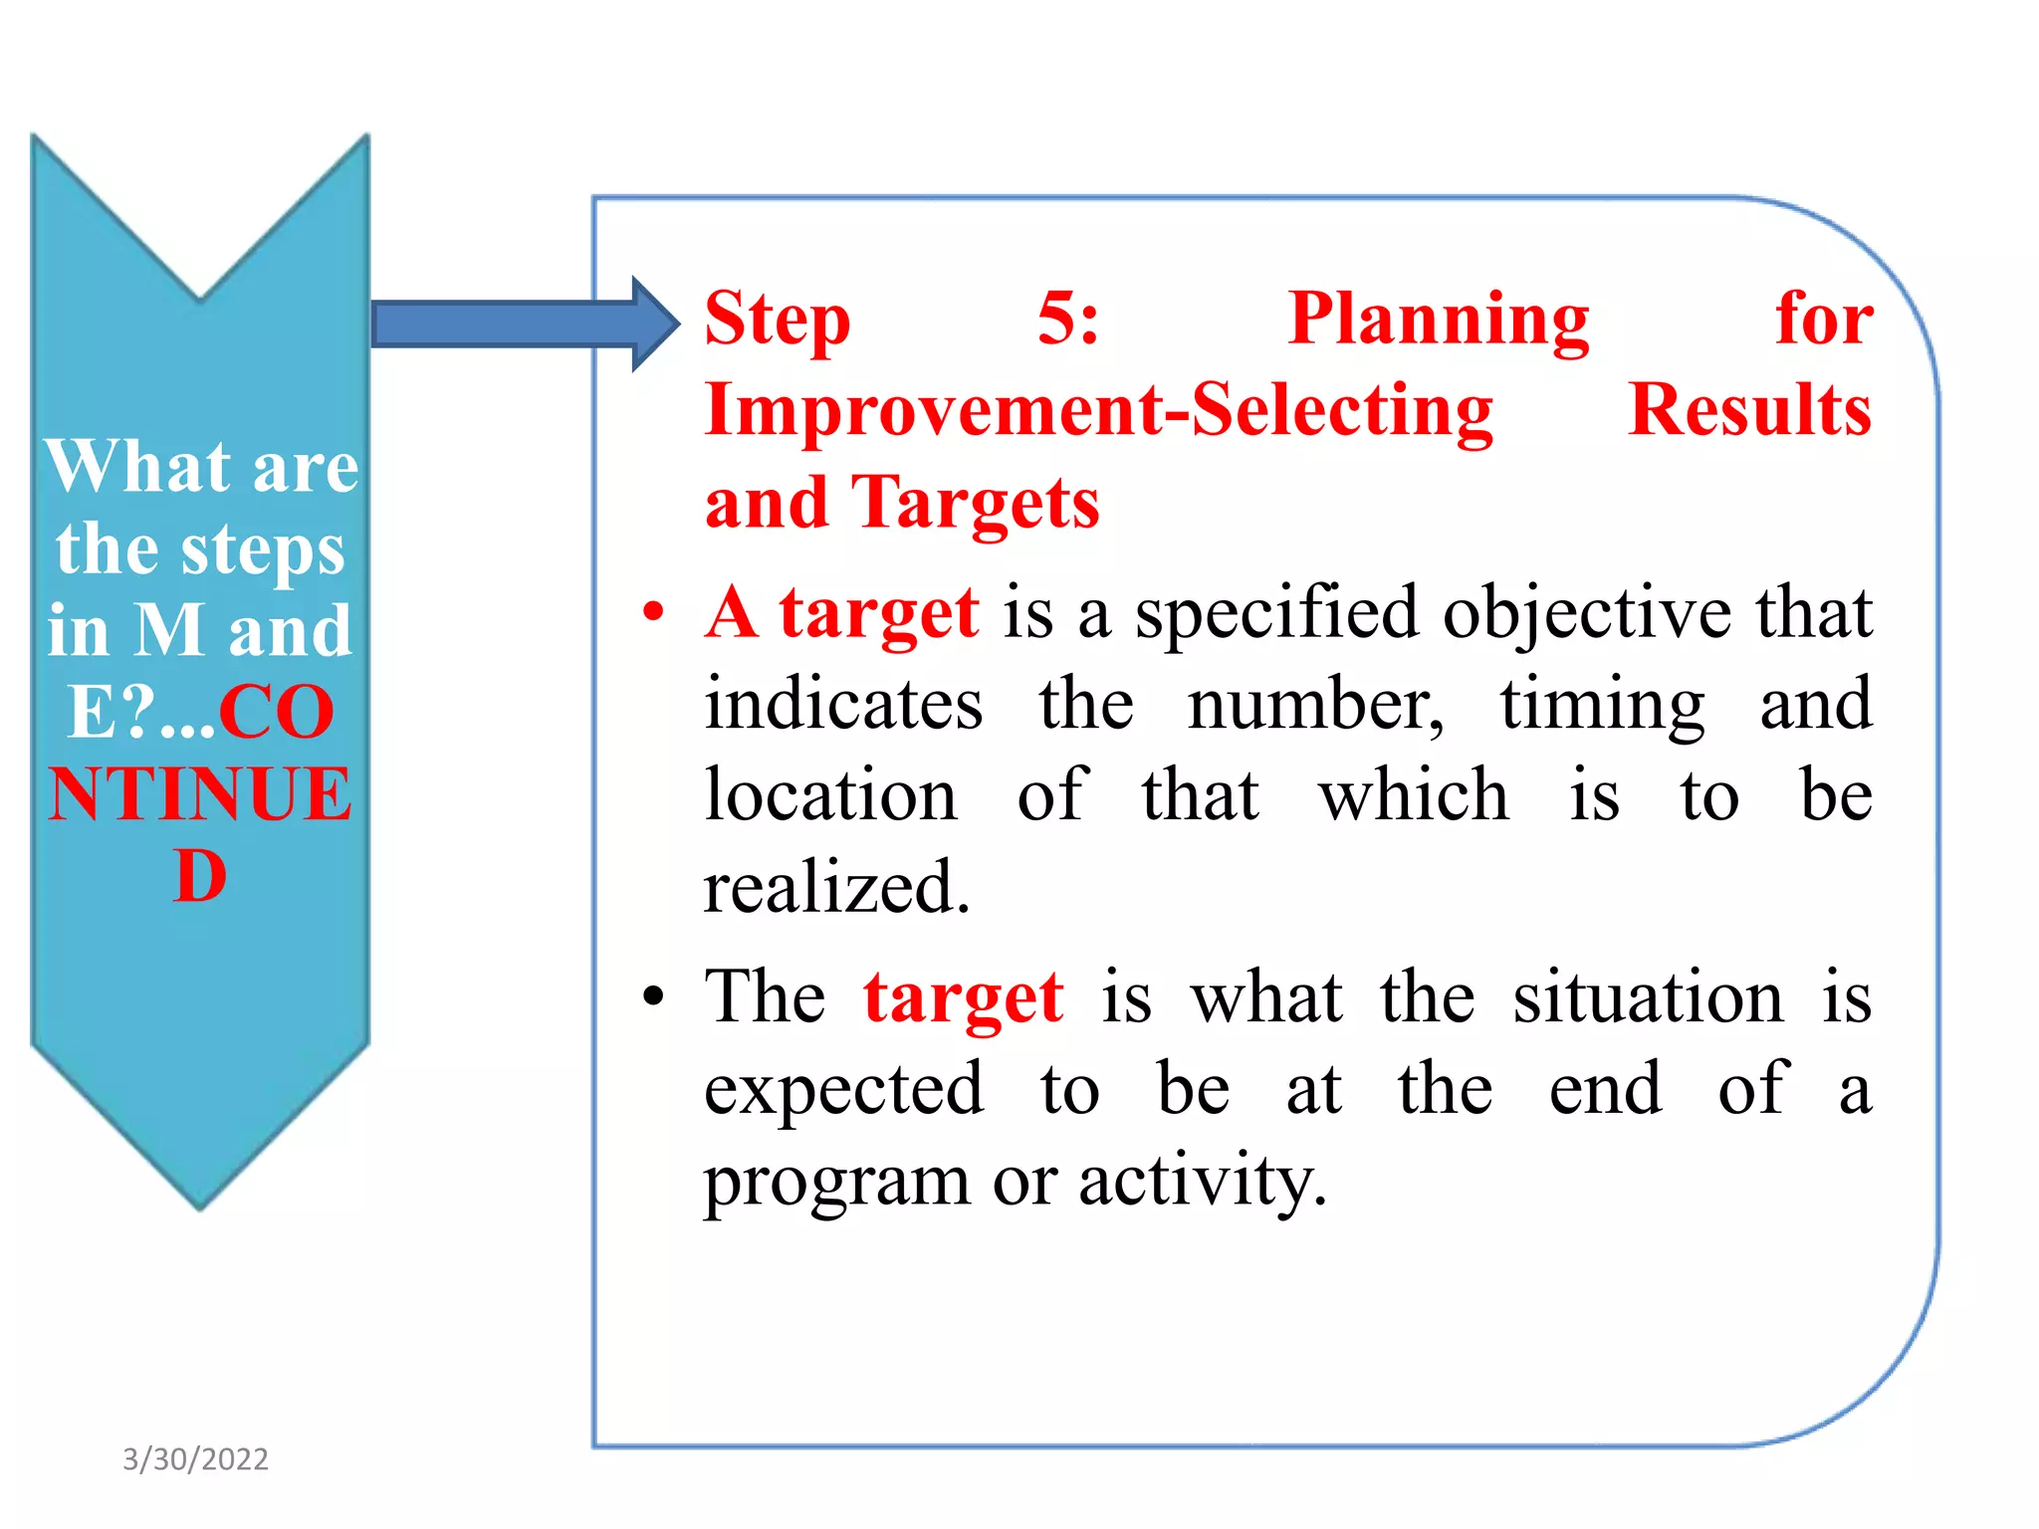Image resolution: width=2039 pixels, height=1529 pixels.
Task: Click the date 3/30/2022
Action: (x=195, y=1459)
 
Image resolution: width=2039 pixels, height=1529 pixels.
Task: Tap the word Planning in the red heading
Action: (x=1438, y=321)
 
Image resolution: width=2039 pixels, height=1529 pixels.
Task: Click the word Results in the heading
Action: (x=1749, y=410)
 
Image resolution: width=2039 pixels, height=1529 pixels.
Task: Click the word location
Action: (x=830, y=795)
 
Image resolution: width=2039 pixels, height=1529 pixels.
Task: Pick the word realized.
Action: (x=836, y=886)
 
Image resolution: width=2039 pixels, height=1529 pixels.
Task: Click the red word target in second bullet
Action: (x=963, y=997)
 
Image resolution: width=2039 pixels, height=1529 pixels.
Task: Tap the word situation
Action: (x=1648, y=997)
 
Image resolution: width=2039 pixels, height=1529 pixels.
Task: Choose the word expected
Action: (x=843, y=1091)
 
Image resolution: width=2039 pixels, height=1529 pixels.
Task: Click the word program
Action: (x=836, y=1183)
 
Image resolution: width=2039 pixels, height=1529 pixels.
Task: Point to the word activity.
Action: (x=1202, y=1181)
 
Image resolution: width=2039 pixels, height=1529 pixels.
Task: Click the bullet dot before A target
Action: (x=652, y=611)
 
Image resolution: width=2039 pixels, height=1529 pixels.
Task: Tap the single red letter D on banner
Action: (x=200, y=877)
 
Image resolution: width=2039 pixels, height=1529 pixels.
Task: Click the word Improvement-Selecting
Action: (x=1098, y=410)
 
